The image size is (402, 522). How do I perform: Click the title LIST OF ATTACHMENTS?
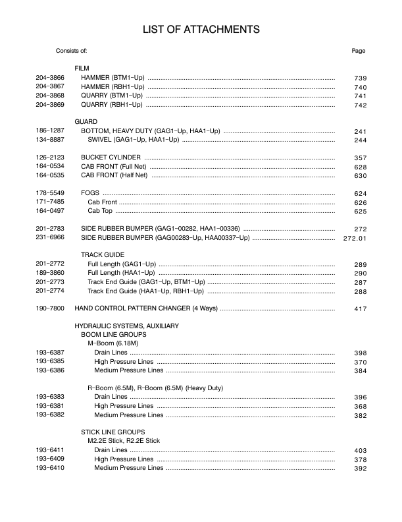(201, 29)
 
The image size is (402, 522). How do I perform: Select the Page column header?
(359, 51)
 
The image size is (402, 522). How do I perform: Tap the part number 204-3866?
(50, 78)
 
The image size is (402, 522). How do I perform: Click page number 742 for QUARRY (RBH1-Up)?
(360, 105)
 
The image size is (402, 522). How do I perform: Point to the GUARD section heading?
(86, 122)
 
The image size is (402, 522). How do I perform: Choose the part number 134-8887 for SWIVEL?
(50, 140)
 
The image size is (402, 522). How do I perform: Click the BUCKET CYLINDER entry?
(111, 158)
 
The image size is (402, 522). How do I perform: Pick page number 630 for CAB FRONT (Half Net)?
(360, 176)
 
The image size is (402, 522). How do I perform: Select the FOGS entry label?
(90, 192)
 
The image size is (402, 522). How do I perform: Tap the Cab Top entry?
(100, 211)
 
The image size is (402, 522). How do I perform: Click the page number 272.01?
(355, 238)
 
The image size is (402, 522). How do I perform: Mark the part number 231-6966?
(50, 237)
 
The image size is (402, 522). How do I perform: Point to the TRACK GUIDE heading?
(103, 254)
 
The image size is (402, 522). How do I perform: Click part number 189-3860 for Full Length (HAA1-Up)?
(50, 273)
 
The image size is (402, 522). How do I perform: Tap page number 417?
(360, 308)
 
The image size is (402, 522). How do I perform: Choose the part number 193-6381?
(50, 406)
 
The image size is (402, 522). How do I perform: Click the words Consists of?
(72, 51)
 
